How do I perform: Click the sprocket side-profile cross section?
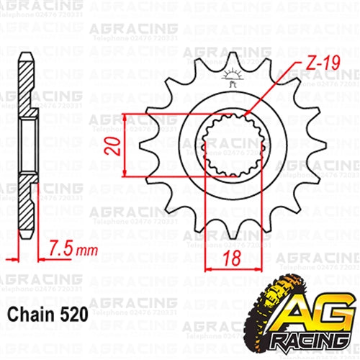[25, 144]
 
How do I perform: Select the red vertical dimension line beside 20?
[125, 144]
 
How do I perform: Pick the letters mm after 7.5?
[86, 251]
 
